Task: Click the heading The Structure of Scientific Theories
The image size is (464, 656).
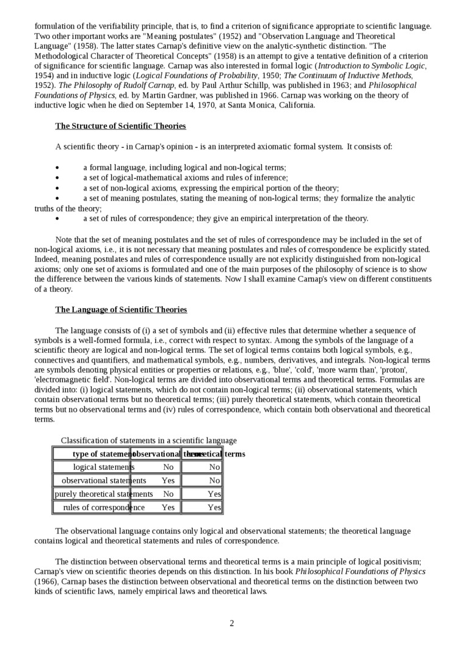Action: coord(120,126)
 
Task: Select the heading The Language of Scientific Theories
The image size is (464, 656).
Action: coord(121,310)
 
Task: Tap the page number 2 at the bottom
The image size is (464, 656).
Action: coord(232,623)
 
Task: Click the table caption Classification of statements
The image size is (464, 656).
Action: coord(148,441)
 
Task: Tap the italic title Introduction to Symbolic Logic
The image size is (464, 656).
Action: coord(371,66)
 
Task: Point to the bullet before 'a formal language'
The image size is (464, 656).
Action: coord(57,168)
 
